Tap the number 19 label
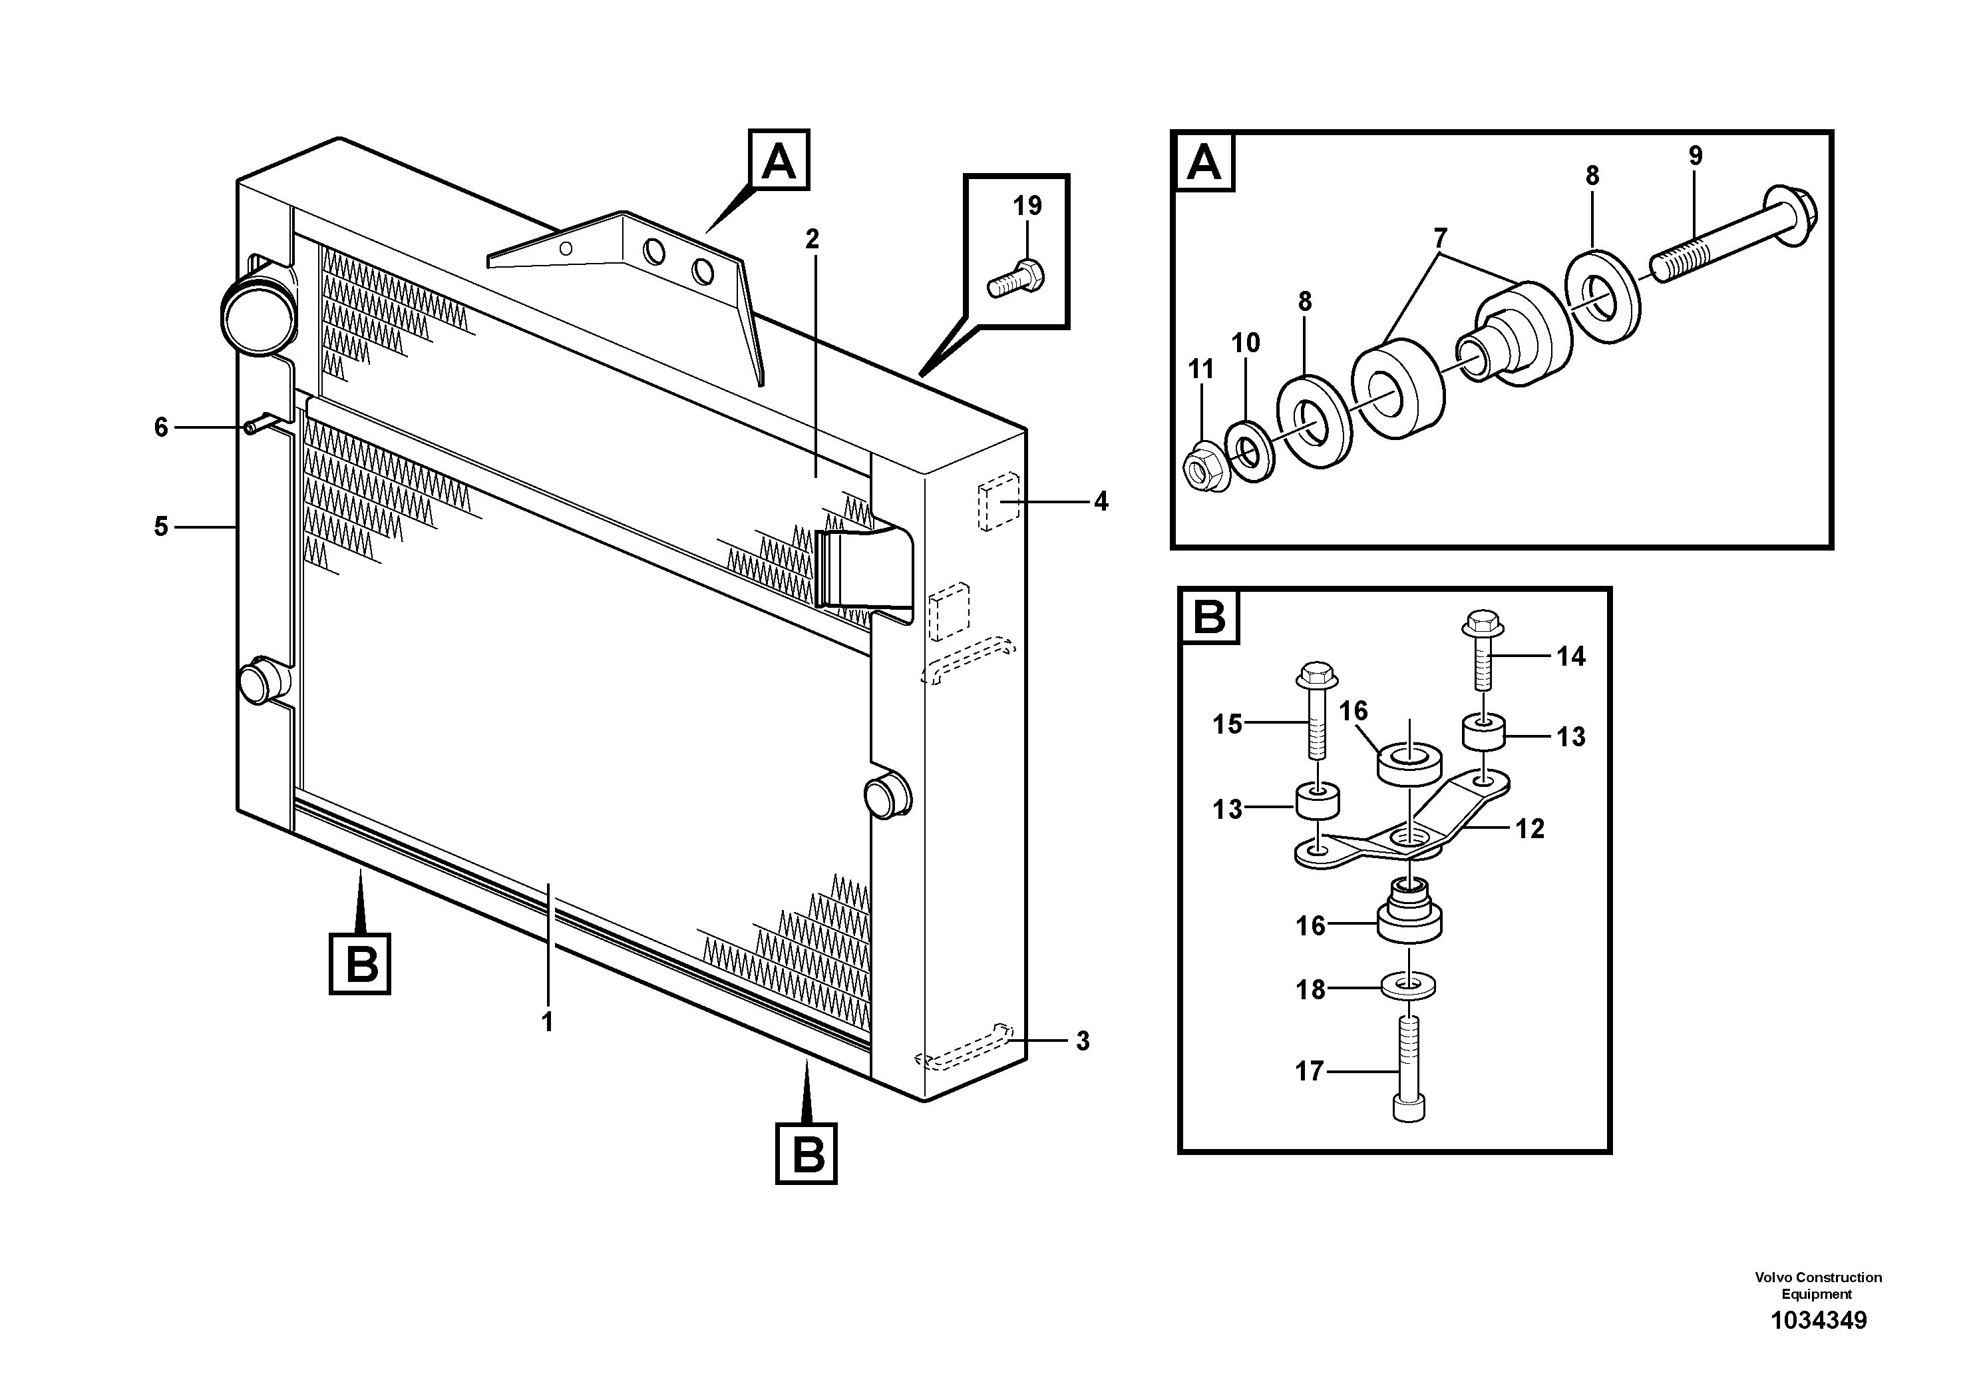point(1027,206)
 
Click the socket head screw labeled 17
point(1408,1070)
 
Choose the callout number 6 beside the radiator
point(161,427)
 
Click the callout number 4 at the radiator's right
point(1100,501)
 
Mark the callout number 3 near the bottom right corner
point(1083,1041)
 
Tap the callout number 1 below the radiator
point(547,1022)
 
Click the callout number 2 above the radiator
point(812,239)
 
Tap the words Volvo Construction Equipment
point(1818,1285)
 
